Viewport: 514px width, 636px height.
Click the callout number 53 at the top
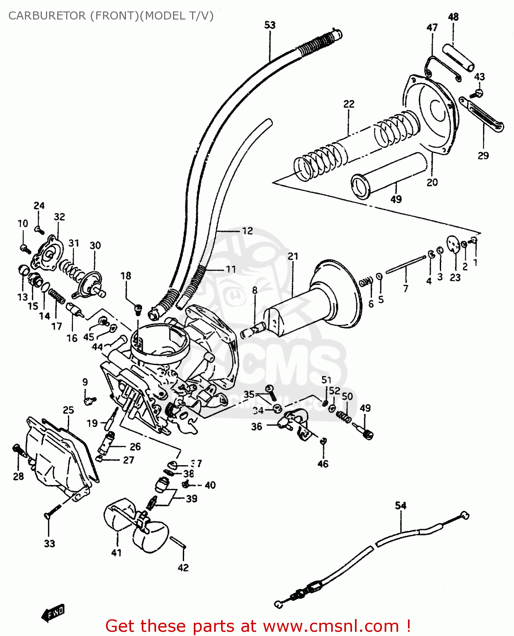[x=270, y=25]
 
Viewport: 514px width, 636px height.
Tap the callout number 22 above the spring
[x=349, y=104]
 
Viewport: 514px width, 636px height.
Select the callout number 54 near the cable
[x=401, y=505]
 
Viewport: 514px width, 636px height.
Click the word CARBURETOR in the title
[x=47, y=16]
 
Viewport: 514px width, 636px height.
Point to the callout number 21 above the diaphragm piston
[x=293, y=257]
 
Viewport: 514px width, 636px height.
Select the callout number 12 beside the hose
[x=247, y=231]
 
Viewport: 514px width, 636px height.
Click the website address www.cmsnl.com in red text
[x=331, y=626]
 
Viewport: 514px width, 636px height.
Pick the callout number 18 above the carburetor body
[x=126, y=276]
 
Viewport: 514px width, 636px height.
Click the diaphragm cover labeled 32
[x=48, y=254]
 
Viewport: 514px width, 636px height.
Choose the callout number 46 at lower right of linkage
[x=323, y=464]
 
